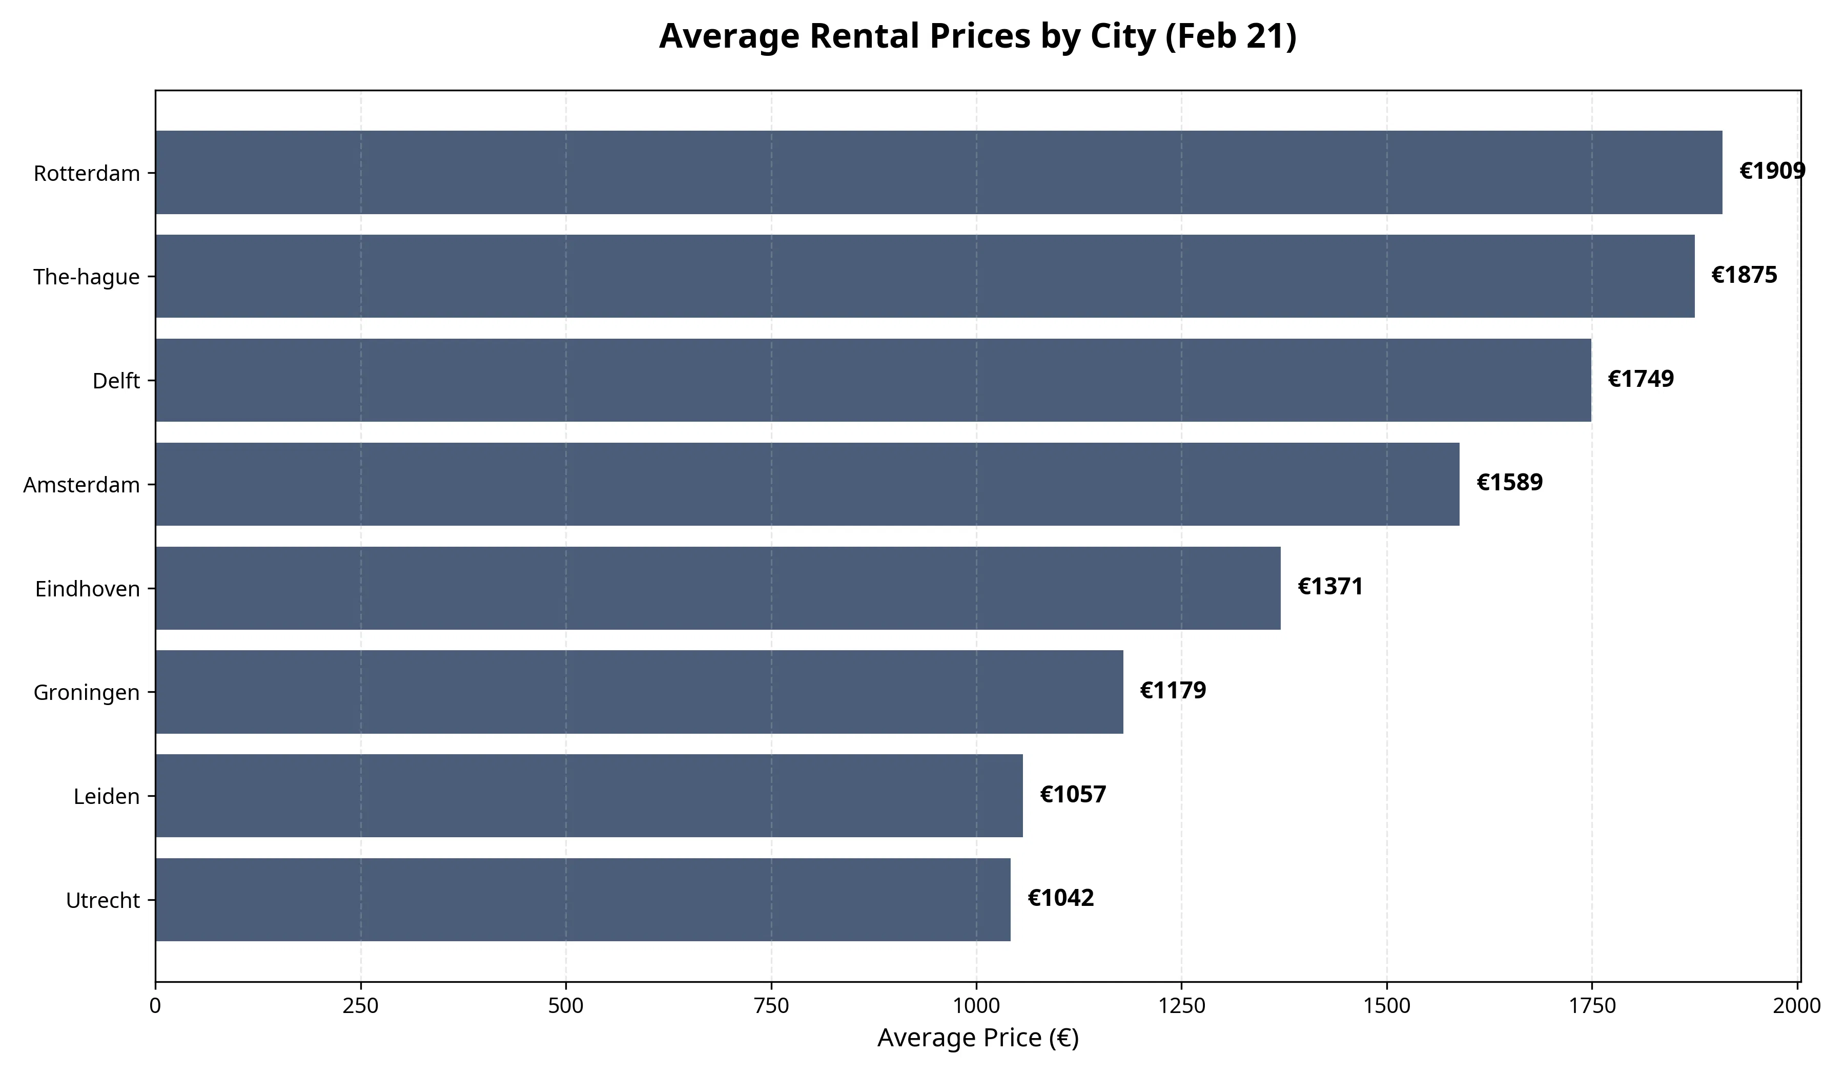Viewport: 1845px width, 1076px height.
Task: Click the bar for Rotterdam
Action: (938, 173)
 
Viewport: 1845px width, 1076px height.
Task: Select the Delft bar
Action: (873, 380)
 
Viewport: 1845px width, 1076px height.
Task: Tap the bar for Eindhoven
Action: (717, 588)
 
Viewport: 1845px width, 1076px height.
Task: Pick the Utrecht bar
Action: (583, 900)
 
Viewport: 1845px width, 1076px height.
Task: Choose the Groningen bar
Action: (639, 692)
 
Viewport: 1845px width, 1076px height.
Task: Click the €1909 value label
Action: (1773, 171)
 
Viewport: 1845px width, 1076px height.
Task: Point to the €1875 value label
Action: (1744, 275)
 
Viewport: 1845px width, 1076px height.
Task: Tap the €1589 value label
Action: (1510, 482)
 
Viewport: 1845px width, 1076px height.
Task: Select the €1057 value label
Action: (1073, 794)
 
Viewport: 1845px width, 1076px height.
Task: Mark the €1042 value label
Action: (1061, 898)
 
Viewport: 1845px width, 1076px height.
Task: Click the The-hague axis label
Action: (87, 277)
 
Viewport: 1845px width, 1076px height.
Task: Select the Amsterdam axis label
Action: (81, 485)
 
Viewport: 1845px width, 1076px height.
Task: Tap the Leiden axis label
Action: (107, 796)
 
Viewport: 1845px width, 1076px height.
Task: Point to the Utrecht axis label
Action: (103, 900)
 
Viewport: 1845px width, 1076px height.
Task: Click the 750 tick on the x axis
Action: (771, 1006)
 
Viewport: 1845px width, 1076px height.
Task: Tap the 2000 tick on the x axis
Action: (1797, 1006)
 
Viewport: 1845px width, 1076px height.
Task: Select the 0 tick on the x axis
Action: (155, 1006)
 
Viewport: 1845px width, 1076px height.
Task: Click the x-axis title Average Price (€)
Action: (978, 1038)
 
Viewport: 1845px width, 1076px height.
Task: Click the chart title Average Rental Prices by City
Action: (978, 36)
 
